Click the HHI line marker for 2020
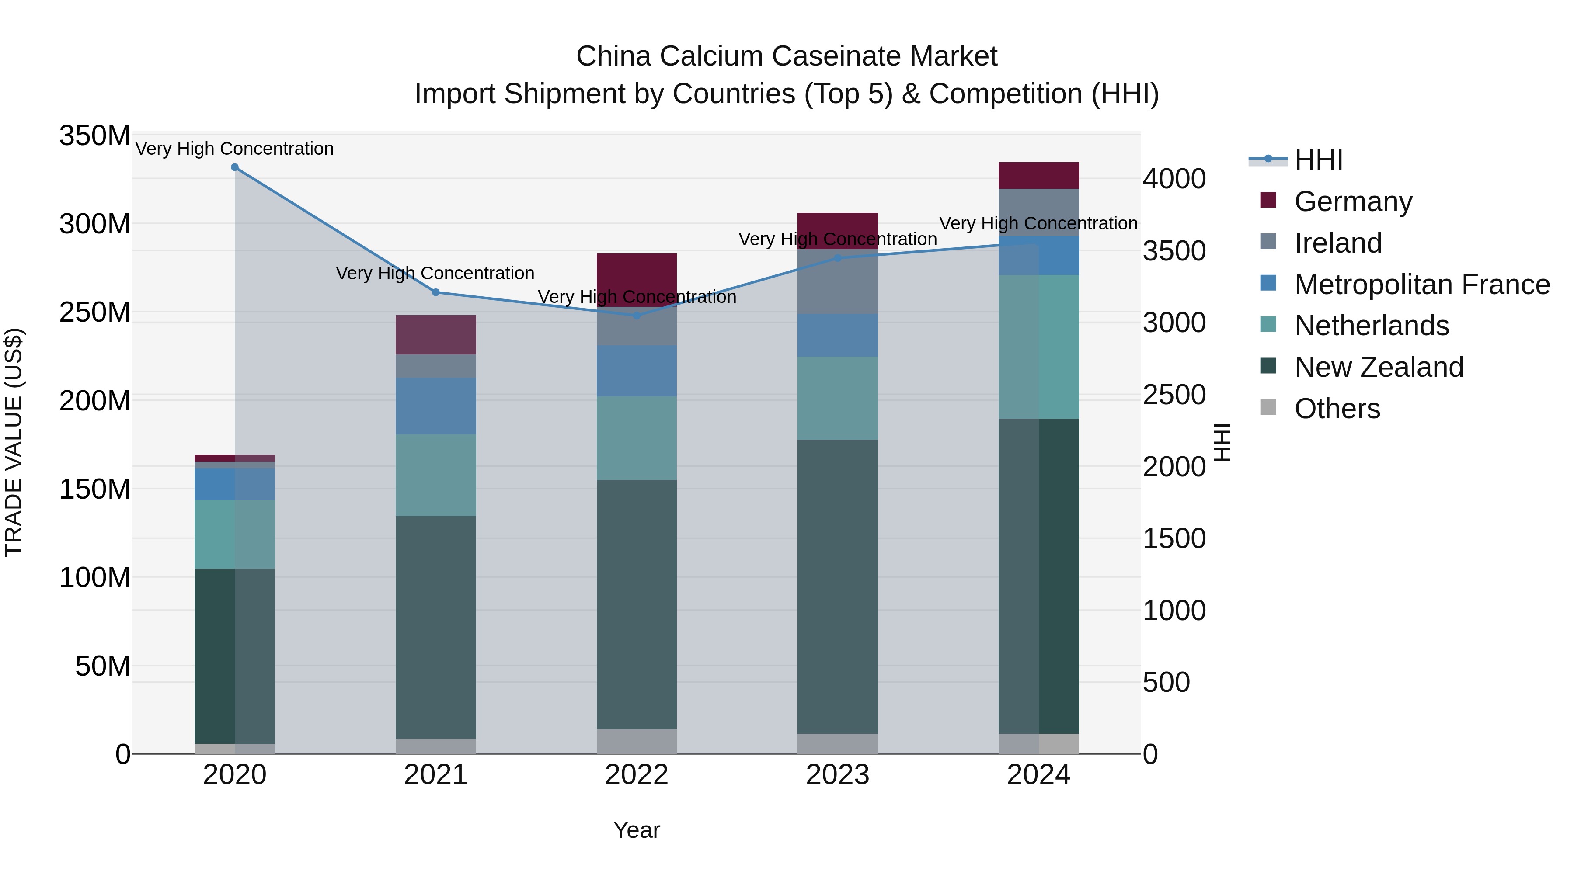235,167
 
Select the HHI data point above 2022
637,316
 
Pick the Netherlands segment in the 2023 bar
838,398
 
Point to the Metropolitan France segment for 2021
435,406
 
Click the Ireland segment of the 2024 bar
1039,212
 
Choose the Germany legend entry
1353,201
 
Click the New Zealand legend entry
1379,367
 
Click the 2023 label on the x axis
838,775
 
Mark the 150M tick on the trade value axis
95,489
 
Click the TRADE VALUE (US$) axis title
14,442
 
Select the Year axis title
637,830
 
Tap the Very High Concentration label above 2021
435,273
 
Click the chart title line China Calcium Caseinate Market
787,56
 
